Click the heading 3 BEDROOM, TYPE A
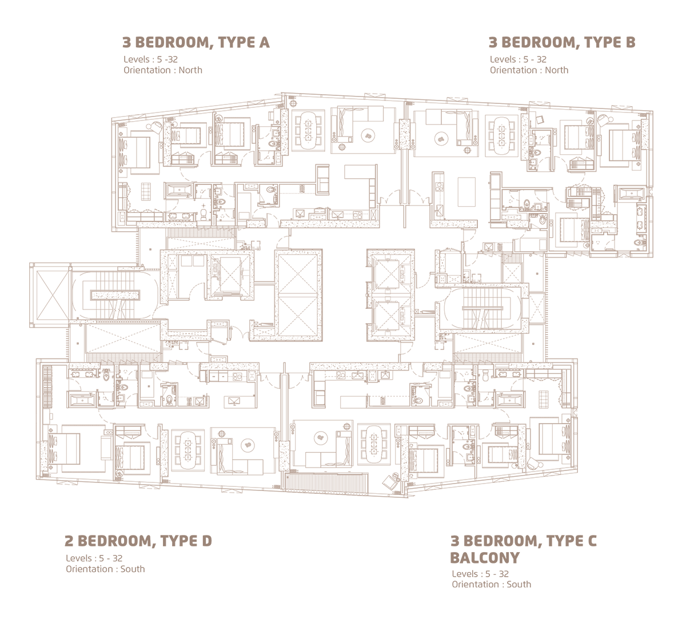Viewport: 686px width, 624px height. pyautogui.click(x=196, y=42)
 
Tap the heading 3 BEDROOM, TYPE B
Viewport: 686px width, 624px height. pyautogui.click(x=562, y=42)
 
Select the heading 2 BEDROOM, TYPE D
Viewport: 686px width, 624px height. pyautogui.click(x=138, y=541)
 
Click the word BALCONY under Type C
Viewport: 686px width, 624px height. pyautogui.click(x=485, y=558)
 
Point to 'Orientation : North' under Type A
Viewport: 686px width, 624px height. pyautogui.click(x=163, y=70)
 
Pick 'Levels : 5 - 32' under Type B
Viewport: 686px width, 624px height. pyautogui.click(x=518, y=59)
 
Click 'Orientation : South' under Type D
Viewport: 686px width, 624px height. pyautogui.click(x=105, y=569)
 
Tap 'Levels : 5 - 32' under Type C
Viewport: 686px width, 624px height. pyautogui.click(x=480, y=574)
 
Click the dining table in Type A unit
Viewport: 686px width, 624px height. pyautogui.click(x=309, y=130)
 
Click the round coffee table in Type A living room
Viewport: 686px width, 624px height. pyautogui.click(x=369, y=136)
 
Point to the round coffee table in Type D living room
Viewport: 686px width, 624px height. pyautogui.click(x=248, y=445)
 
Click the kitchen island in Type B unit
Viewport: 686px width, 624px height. pyautogui.click(x=466, y=192)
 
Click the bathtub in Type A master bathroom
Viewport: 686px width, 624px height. pyautogui.click(x=179, y=191)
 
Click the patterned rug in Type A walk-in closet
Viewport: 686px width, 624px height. pyautogui.click(x=146, y=192)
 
